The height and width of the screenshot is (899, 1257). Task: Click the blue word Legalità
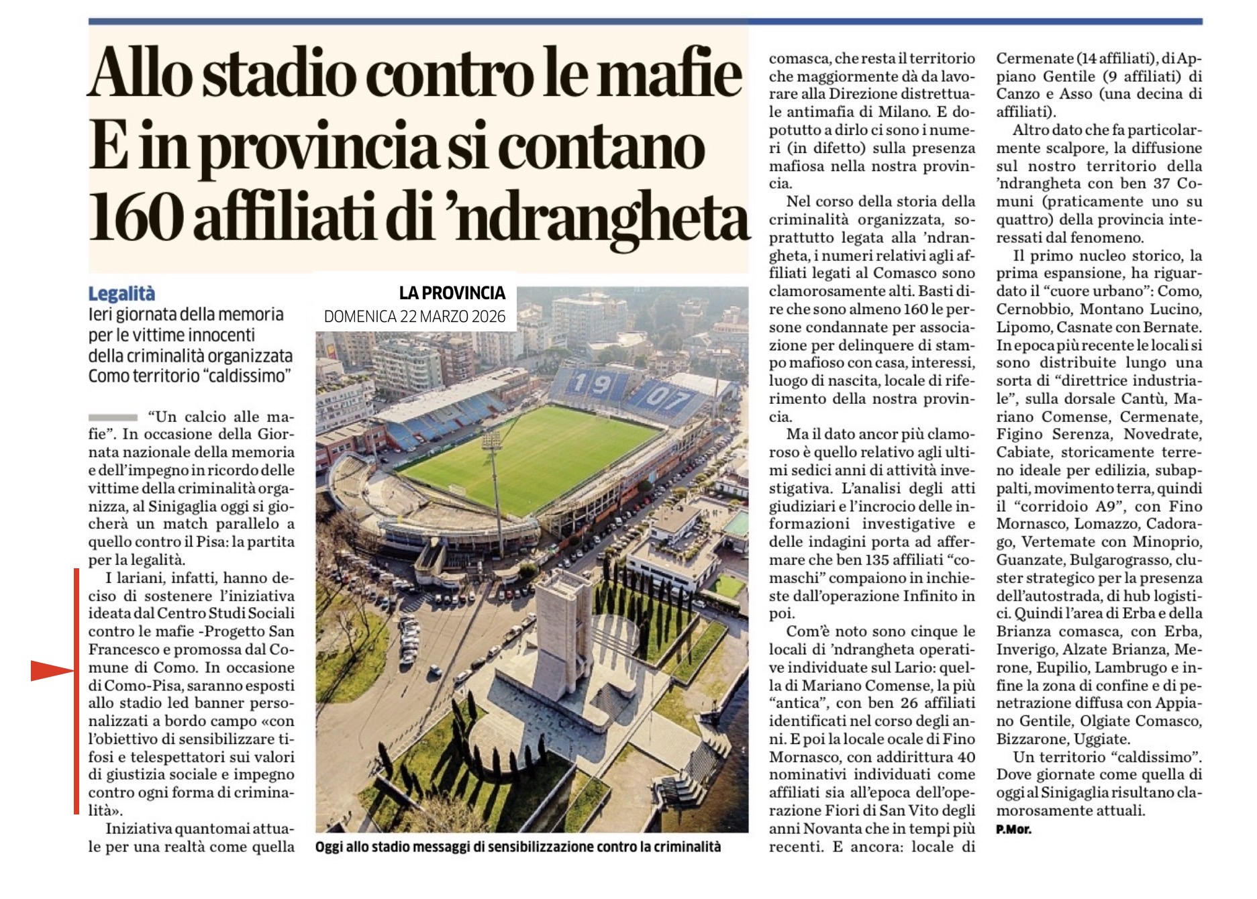click(121, 294)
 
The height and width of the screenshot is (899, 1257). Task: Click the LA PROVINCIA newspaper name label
click(452, 293)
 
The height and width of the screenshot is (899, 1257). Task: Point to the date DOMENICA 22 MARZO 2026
click(414, 317)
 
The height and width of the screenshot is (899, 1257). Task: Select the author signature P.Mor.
click(1013, 829)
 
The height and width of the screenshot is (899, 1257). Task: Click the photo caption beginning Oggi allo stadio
click(517, 847)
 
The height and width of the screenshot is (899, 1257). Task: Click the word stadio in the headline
click(279, 74)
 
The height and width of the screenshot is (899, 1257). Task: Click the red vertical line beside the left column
click(77, 691)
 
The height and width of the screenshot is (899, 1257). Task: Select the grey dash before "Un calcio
click(112, 417)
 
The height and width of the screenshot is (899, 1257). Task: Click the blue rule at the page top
click(644, 21)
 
